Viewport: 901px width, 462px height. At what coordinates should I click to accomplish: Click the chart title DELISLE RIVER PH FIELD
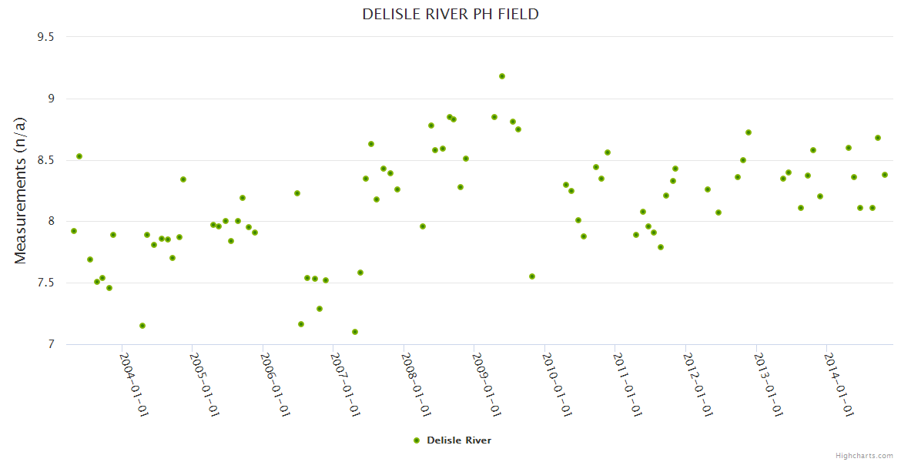click(x=450, y=15)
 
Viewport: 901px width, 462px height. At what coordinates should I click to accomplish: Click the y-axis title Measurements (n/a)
click(x=21, y=190)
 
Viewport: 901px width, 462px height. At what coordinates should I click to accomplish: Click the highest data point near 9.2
click(x=502, y=76)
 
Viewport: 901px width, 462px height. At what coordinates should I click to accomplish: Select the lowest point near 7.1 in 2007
click(x=355, y=332)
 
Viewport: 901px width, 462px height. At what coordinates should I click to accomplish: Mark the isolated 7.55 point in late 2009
click(x=532, y=276)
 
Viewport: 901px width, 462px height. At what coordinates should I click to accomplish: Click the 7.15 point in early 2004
click(x=142, y=326)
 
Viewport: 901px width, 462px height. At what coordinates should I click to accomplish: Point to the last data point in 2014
click(x=885, y=175)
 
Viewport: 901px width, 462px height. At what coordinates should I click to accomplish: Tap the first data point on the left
click(x=74, y=231)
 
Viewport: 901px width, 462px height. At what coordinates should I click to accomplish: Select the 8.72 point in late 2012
click(x=749, y=132)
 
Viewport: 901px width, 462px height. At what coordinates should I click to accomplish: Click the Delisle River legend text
click(x=459, y=440)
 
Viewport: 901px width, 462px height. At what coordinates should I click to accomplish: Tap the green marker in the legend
click(x=417, y=440)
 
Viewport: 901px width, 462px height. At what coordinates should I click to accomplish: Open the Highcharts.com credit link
click(x=864, y=455)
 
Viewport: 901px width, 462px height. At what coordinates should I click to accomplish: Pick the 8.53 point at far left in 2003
click(x=79, y=156)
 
